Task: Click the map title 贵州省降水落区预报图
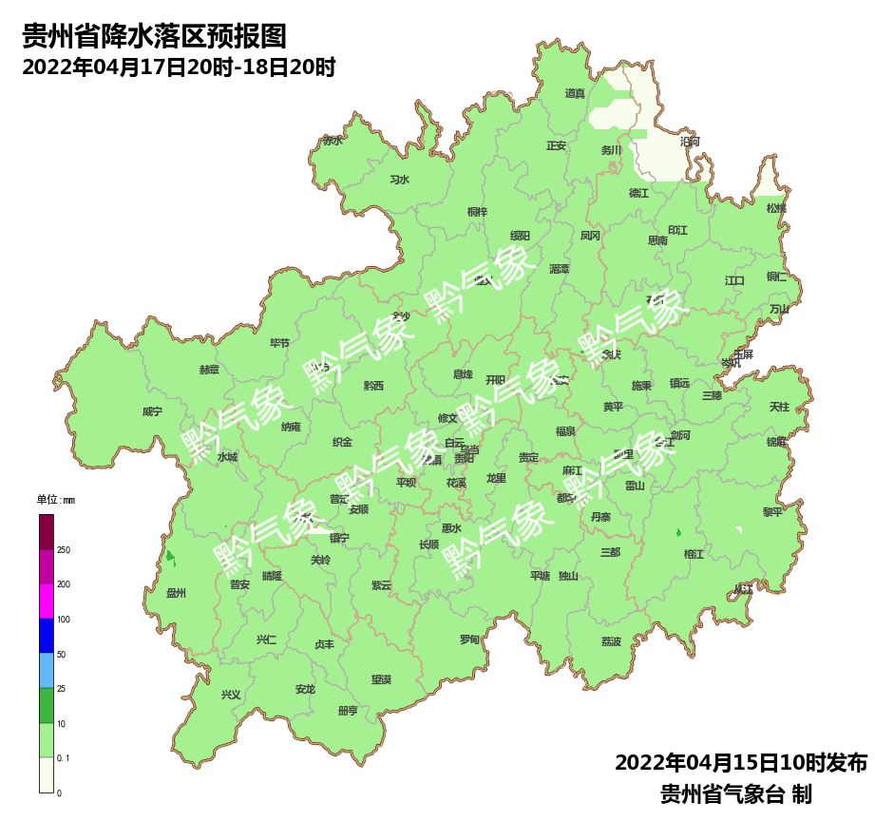pyautogui.click(x=154, y=37)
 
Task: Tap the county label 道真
pyautogui.click(x=575, y=93)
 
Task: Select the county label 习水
pyautogui.click(x=399, y=180)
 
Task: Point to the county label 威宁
pyautogui.click(x=152, y=411)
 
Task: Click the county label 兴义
pyautogui.click(x=231, y=695)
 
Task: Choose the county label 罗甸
pyautogui.click(x=469, y=640)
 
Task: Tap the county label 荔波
pyautogui.click(x=611, y=641)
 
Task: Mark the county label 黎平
pyautogui.click(x=772, y=511)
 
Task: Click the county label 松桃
pyautogui.click(x=776, y=208)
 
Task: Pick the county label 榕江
pyautogui.click(x=694, y=553)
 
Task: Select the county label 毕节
pyautogui.click(x=279, y=343)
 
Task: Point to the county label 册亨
pyautogui.click(x=348, y=711)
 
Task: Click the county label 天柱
pyautogui.click(x=779, y=407)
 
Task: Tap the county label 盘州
pyautogui.click(x=176, y=593)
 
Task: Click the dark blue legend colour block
pyautogui.click(x=47, y=636)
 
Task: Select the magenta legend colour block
pyautogui.click(x=47, y=601)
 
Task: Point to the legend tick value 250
pyautogui.click(x=64, y=550)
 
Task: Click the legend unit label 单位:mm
pyautogui.click(x=55, y=500)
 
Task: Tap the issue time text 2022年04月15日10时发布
pyautogui.click(x=741, y=762)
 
